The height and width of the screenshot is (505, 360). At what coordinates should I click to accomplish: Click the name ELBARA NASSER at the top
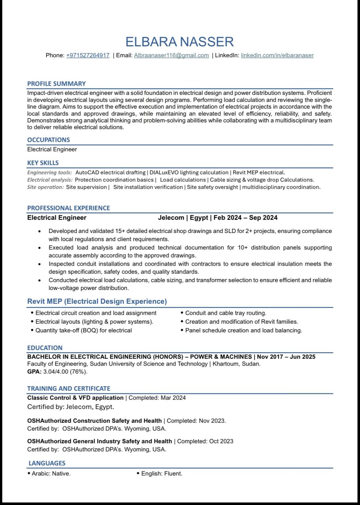tap(180, 42)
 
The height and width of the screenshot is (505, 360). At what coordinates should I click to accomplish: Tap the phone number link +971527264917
tap(88, 55)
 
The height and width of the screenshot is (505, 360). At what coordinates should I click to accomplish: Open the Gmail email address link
tap(171, 55)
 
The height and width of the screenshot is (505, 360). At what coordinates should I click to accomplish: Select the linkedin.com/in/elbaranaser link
tap(277, 55)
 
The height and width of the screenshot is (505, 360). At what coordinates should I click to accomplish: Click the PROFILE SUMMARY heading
tap(57, 84)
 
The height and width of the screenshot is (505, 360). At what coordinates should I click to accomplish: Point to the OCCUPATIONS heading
tap(49, 140)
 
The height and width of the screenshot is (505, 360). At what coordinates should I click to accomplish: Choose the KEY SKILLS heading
tap(43, 163)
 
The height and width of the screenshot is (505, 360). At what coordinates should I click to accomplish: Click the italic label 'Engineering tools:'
tap(50, 173)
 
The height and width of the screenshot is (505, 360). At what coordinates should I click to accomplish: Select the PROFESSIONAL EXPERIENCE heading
tap(69, 208)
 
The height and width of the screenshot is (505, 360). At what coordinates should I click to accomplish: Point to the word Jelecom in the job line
tap(171, 218)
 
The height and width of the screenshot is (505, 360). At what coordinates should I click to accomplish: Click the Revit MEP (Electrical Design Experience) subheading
tap(97, 301)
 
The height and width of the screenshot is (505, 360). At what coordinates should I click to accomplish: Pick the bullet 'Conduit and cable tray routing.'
tap(226, 313)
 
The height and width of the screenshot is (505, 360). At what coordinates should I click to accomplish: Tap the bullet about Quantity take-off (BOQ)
tap(84, 330)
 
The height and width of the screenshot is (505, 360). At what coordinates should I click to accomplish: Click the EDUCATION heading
tap(45, 348)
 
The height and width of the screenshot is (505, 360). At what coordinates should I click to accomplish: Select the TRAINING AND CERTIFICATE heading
tap(69, 388)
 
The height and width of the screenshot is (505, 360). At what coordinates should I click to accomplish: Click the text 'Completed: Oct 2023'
tap(205, 441)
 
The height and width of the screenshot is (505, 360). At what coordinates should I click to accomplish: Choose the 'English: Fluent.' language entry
tap(162, 473)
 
